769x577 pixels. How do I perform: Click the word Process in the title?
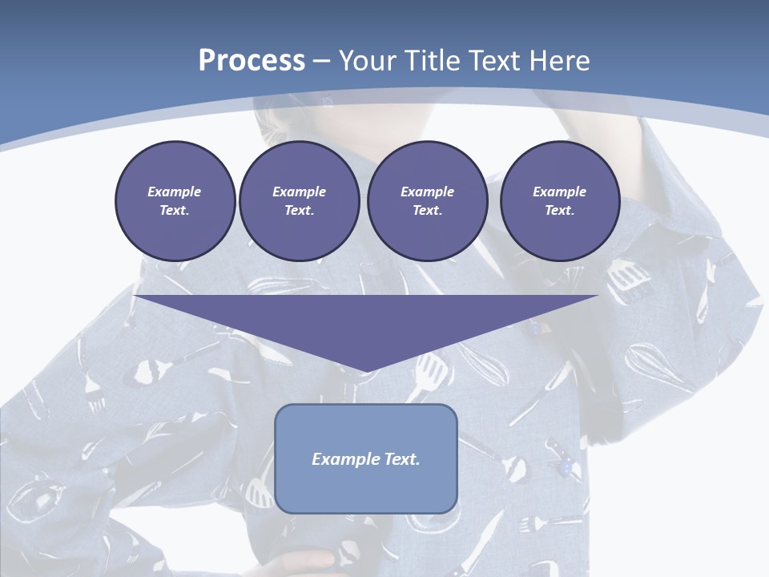(252, 61)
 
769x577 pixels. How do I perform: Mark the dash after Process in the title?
(322, 62)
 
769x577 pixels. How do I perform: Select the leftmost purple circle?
(175, 201)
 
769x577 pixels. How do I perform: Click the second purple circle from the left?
(300, 201)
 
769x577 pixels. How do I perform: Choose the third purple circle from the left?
(428, 201)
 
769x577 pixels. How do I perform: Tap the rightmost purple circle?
(560, 201)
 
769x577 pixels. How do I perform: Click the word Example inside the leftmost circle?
(175, 192)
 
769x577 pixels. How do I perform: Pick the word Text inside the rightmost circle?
(559, 211)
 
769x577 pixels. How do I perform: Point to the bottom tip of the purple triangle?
(366, 371)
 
